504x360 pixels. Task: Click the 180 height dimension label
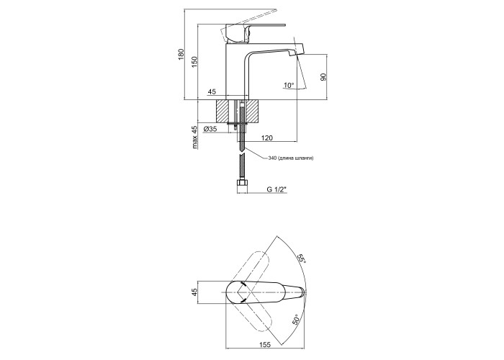[181, 54]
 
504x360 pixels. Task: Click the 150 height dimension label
[194, 62]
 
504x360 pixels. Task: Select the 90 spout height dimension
[323, 77]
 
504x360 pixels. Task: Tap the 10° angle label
[289, 85]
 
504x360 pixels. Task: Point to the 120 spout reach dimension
[267, 138]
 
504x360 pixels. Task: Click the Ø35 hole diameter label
[210, 129]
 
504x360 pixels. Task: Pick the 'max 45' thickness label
[194, 138]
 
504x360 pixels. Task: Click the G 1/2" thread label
[276, 189]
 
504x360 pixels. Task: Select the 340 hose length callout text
[291, 158]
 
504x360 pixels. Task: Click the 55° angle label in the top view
[302, 258]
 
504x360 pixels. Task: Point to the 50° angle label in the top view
[297, 320]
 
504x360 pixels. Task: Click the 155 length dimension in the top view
[264, 345]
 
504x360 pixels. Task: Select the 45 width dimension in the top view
[194, 292]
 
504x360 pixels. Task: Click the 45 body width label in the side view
[212, 92]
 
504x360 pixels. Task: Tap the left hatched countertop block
[226, 111]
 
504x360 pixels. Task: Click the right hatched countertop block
[252, 111]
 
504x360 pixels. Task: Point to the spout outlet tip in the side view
[293, 55]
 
